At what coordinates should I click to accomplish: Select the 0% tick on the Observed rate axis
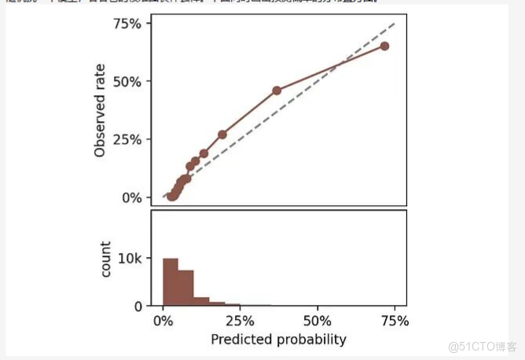[x=131, y=197]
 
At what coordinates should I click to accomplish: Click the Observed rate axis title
[x=100, y=111]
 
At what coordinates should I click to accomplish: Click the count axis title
[x=107, y=259]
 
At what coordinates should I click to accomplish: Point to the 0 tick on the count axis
[x=137, y=306]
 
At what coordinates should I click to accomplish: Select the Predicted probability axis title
[x=278, y=340]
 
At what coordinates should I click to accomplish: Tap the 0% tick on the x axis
[x=163, y=321]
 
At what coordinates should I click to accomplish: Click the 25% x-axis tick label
[x=240, y=321]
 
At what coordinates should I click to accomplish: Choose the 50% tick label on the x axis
[x=317, y=321]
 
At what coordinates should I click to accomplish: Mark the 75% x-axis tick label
[x=394, y=321]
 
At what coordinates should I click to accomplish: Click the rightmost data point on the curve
[x=384, y=46]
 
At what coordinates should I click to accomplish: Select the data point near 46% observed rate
[x=277, y=90]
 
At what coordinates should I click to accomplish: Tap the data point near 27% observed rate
[x=222, y=134]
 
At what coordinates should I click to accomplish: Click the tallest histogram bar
[x=171, y=282]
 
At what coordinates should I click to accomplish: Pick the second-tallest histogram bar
[x=185, y=288]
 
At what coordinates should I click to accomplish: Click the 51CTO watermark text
[x=482, y=346]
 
